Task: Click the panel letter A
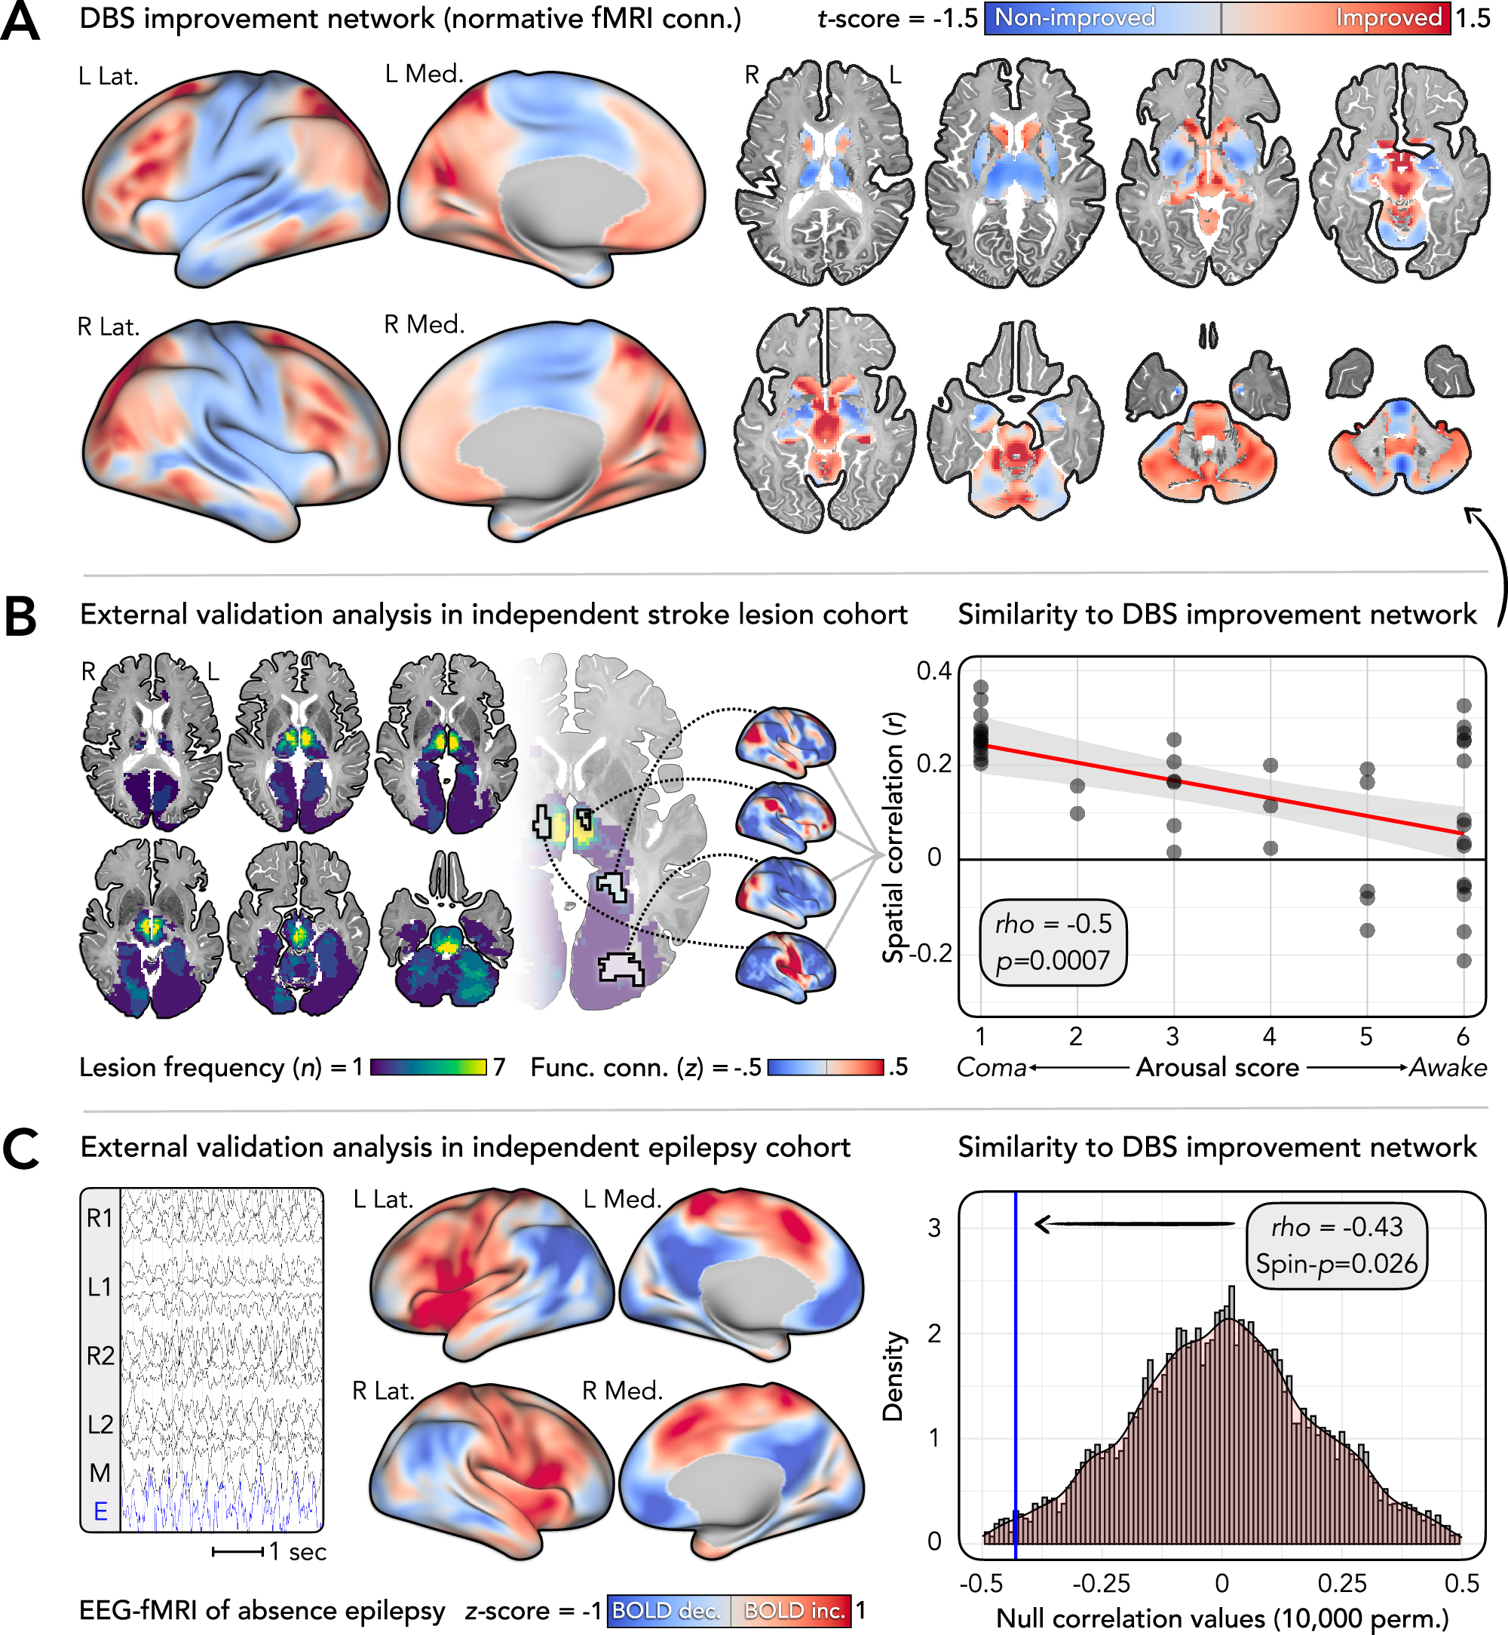coord(20,22)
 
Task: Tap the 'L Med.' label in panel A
coord(424,74)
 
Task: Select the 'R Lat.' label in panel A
coord(109,327)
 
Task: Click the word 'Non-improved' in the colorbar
coord(1074,18)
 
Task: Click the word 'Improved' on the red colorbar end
coord(1388,18)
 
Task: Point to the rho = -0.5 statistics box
coord(1053,942)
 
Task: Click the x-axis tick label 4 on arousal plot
coord(1269,1037)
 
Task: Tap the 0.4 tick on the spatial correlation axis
coord(933,671)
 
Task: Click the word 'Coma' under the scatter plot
coord(991,1068)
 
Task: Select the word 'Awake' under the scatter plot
coord(1448,1068)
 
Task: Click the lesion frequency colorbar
coord(428,1067)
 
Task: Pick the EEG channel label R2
coord(100,1356)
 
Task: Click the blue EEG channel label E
coord(100,1512)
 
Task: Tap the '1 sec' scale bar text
coord(298,1552)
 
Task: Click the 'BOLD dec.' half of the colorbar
coord(667,1611)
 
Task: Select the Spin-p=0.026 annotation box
coord(1337,1246)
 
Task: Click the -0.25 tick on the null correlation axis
coord(1101,1584)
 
